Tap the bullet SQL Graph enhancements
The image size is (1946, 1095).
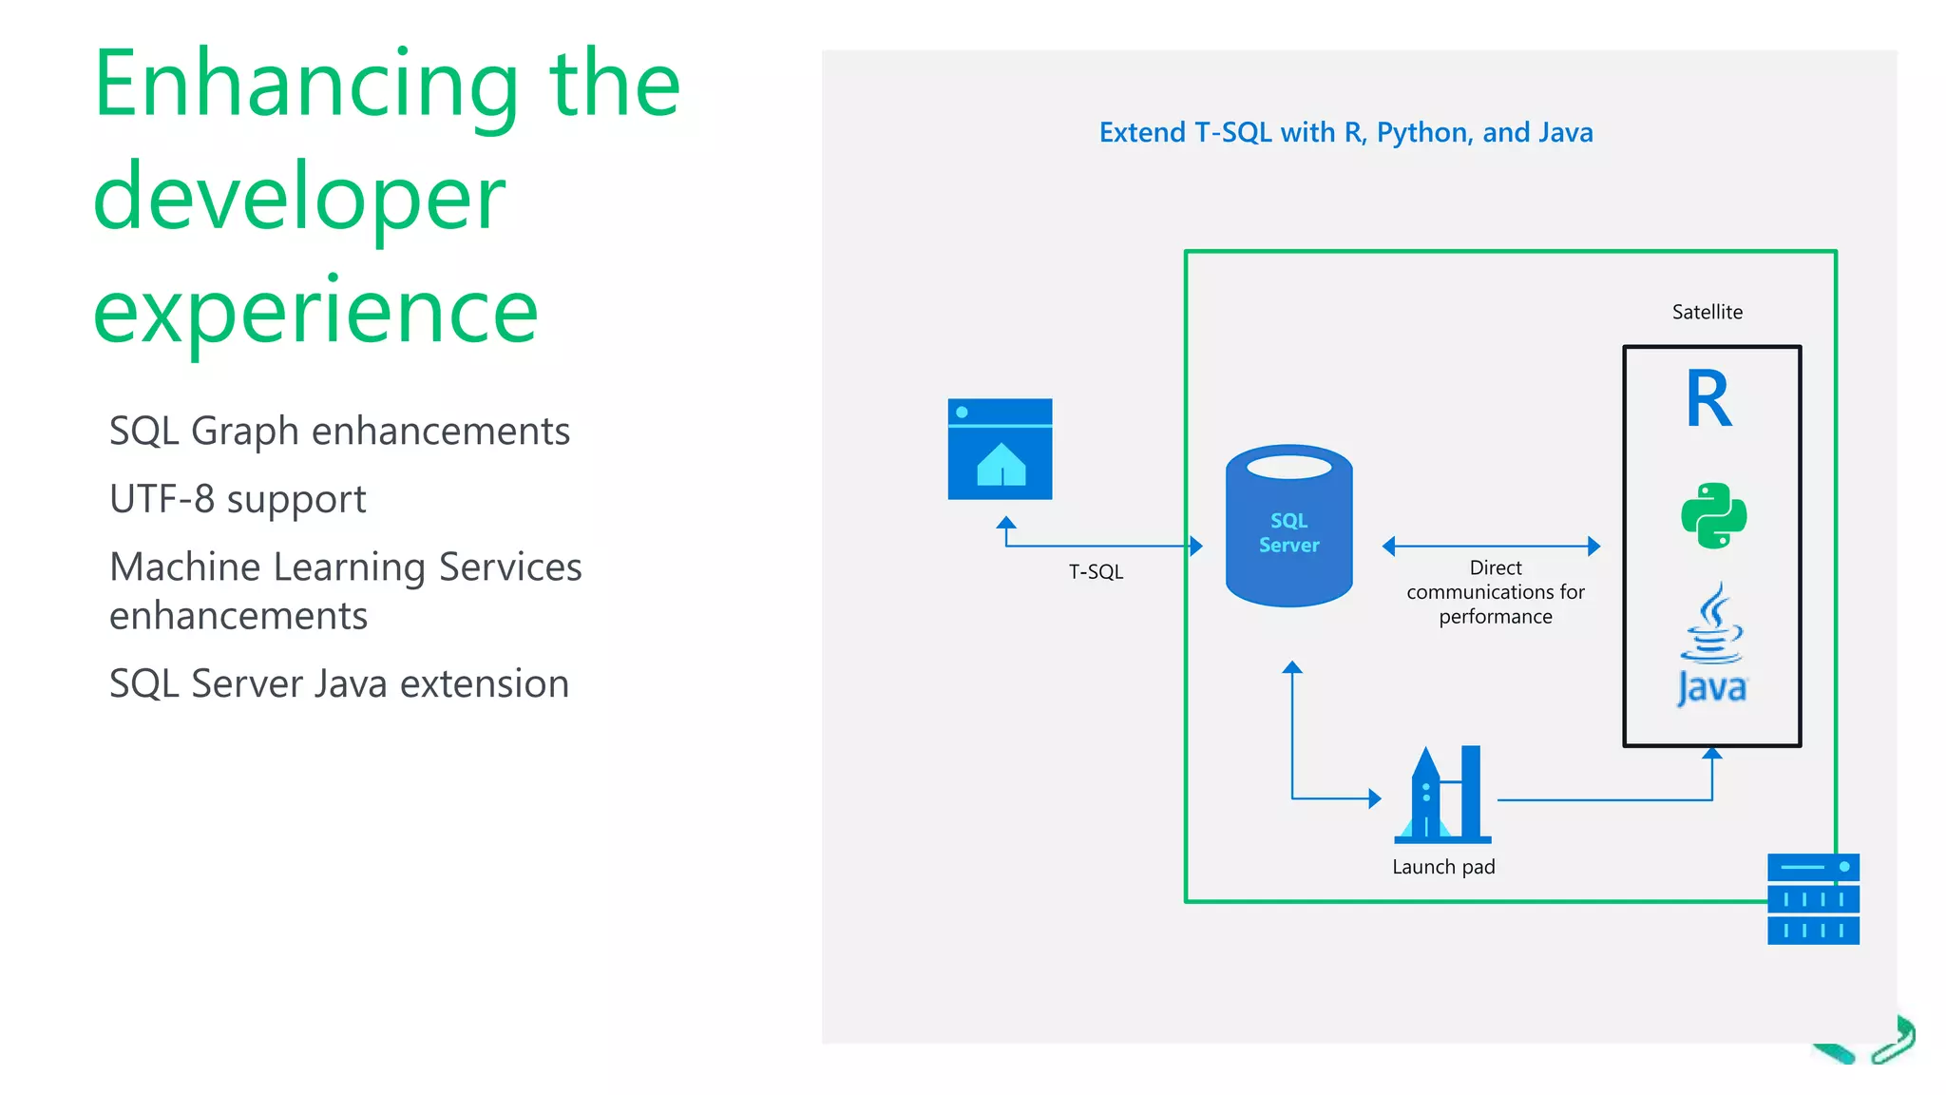point(339,432)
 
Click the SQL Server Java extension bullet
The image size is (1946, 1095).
point(339,684)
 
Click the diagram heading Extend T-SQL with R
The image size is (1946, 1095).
point(1345,132)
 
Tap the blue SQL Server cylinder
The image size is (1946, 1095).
point(1288,528)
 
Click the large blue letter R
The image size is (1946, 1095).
point(1708,400)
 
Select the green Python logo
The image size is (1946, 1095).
point(1713,516)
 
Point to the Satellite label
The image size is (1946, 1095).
point(1707,312)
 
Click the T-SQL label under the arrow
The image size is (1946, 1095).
point(1096,572)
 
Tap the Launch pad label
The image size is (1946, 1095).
point(1443,867)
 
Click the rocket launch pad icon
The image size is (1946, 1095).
point(1442,796)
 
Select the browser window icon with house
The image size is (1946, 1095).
point(1000,450)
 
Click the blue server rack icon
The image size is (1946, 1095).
point(1813,899)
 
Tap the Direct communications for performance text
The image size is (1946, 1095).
point(1495,592)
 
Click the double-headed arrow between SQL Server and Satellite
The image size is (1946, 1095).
point(1491,546)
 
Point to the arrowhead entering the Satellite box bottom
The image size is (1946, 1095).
point(1712,754)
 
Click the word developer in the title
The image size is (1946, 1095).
point(299,198)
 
